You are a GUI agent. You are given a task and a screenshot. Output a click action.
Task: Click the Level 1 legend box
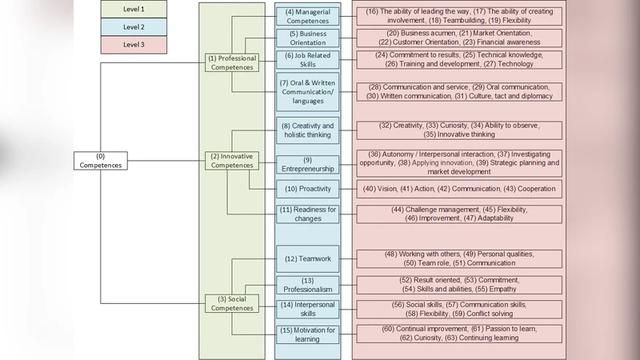pos(134,10)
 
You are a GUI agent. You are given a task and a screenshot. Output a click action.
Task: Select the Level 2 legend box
pos(134,27)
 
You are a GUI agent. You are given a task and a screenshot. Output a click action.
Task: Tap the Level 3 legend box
pos(134,45)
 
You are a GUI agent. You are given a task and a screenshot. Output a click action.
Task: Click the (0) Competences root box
pos(100,160)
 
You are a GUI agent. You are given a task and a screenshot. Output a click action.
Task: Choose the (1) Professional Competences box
pos(232,63)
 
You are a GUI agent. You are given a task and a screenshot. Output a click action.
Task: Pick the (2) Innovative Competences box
pos(232,160)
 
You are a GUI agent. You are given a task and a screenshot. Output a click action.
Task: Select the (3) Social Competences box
pos(232,303)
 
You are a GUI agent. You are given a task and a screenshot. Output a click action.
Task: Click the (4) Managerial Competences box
pos(307,16)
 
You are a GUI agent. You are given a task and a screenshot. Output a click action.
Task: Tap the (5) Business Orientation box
pos(307,38)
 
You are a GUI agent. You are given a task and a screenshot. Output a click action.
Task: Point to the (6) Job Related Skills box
pos(307,60)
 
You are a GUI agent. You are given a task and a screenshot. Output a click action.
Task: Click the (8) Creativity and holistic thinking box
pos(307,130)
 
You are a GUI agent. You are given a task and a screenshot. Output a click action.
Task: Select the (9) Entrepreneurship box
pos(307,166)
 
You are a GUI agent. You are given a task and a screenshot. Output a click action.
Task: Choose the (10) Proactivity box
pos(307,189)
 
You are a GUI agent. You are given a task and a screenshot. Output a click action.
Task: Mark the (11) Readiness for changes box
pos(307,214)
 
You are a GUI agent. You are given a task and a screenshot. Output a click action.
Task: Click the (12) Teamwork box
pos(307,258)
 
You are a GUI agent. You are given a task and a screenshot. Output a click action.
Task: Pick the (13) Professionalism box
pos(307,285)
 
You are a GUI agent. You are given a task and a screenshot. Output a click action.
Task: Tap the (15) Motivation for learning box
pos(307,334)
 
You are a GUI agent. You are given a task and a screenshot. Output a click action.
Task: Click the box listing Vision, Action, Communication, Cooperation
pos(458,189)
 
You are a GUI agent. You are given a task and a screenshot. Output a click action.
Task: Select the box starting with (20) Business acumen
pos(458,38)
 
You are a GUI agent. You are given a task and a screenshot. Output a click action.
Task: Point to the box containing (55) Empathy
pos(458,284)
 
